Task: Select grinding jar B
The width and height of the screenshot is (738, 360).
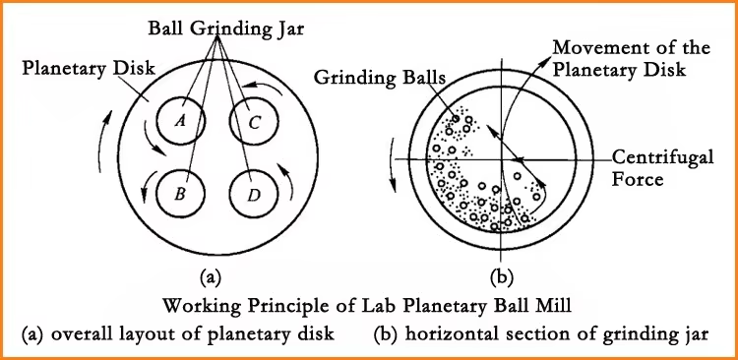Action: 180,193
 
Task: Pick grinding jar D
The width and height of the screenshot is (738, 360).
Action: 254,194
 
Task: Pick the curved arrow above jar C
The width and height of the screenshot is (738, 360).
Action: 272,91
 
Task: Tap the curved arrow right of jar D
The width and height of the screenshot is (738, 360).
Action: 288,181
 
